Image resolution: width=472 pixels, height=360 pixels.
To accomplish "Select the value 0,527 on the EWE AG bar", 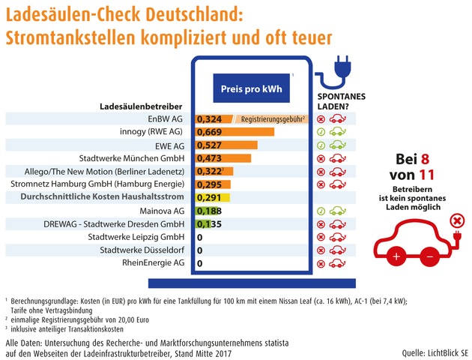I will pyautogui.click(x=209, y=145).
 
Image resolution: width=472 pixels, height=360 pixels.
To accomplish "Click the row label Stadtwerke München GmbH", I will pyautogui.click(x=132, y=158).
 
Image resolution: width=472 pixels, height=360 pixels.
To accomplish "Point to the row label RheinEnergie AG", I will pyautogui.click(x=154, y=264).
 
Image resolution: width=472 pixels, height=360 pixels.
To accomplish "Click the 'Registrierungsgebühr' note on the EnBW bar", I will pyautogui.click(x=271, y=119).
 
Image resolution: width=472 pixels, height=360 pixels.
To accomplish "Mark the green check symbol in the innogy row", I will pyautogui.click(x=321, y=133).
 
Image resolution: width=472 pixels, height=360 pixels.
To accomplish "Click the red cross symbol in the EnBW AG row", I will pyautogui.click(x=321, y=119).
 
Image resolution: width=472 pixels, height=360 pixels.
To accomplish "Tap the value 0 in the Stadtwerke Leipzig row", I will pyautogui.click(x=199, y=238).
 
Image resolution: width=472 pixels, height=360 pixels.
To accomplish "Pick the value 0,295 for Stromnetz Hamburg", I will pyautogui.click(x=209, y=184).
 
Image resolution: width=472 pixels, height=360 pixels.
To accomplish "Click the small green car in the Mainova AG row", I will pyautogui.click(x=338, y=211).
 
